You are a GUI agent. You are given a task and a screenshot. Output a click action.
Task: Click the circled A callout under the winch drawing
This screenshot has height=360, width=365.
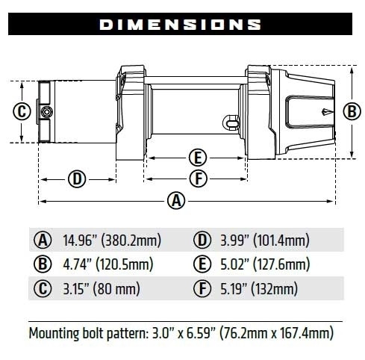coord(176,201)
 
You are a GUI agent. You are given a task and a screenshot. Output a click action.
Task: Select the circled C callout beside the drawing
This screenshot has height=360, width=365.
coord(22,112)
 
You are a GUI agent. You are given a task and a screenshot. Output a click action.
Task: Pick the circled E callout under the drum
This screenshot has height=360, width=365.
coord(197,158)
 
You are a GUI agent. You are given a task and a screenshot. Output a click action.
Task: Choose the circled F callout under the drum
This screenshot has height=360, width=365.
coord(197,179)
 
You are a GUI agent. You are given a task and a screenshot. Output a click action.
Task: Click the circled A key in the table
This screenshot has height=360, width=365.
coord(42,240)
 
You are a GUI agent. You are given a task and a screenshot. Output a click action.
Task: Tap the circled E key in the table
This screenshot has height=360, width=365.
coord(200,264)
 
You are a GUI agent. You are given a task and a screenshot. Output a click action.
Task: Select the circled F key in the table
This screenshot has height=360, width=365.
coord(200,288)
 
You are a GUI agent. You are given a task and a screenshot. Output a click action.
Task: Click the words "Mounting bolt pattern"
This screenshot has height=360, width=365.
coord(82,331)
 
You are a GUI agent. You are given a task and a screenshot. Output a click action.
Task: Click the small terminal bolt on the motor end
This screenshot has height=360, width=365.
coord(47,112)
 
